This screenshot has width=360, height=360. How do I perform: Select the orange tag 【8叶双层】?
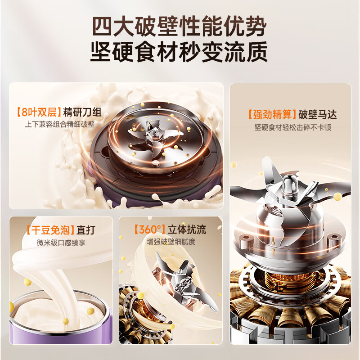tap(39, 112)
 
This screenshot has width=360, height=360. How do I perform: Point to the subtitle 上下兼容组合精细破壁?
tap(60, 124)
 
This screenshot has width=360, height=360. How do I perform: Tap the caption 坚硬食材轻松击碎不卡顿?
tap(292, 127)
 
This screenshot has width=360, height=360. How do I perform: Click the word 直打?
tap(87, 230)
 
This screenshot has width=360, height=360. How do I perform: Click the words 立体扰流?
tap(187, 229)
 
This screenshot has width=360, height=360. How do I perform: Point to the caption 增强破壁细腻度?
tap(171, 242)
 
